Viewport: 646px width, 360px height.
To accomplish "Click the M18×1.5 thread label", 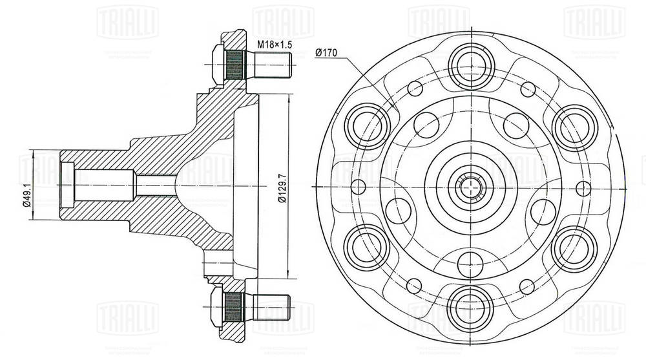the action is (274, 45).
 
